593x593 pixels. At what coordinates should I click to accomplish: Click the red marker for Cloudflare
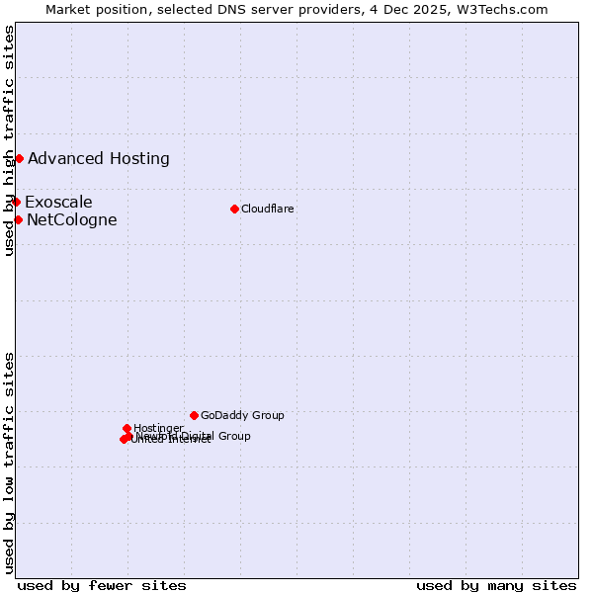click(x=234, y=209)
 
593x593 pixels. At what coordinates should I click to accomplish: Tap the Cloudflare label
click(x=268, y=209)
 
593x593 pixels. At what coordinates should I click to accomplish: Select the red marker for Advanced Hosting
click(x=19, y=158)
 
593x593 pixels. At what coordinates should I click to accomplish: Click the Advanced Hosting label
click(x=99, y=158)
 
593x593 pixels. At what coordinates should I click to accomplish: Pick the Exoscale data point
click(x=16, y=202)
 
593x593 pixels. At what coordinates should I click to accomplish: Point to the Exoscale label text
click(x=58, y=203)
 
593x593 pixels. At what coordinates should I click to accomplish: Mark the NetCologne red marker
click(x=18, y=219)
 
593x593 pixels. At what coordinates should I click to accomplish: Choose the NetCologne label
click(x=72, y=219)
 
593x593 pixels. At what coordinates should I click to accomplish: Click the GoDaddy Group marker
click(x=194, y=415)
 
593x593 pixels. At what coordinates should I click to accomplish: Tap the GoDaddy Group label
click(x=242, y=415)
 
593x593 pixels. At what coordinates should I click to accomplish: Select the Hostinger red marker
click(x=127, y=428)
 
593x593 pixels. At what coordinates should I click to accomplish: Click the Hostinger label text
click(x=158, y=428)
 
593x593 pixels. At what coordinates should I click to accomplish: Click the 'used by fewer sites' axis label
click(x=102, y=585)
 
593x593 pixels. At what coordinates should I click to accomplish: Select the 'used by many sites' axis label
click(x=496, y=585)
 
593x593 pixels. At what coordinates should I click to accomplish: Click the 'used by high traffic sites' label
click(x=9, y=140)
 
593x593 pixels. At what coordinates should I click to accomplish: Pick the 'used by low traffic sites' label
click(x=9, y=463)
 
